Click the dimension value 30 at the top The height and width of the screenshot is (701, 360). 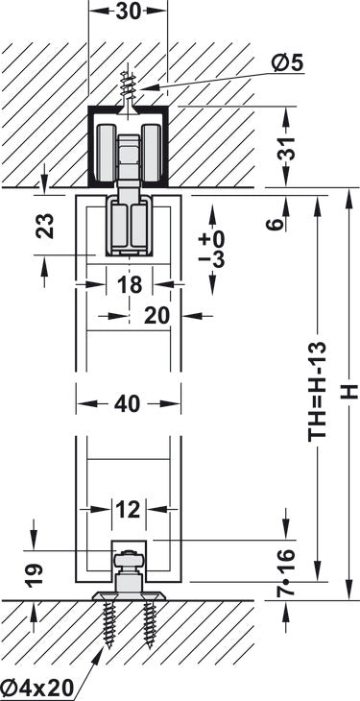pos(129,12)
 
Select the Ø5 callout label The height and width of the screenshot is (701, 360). pos(288,64)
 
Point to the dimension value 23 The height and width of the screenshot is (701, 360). pos(45,226)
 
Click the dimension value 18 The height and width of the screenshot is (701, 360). pos(131,284)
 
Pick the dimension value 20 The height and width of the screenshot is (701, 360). pos(157,316)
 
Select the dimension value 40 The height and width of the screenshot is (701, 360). pos(128,404)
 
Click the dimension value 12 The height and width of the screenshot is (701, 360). pos(129,510)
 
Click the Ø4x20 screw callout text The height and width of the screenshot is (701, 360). pos(36,688)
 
